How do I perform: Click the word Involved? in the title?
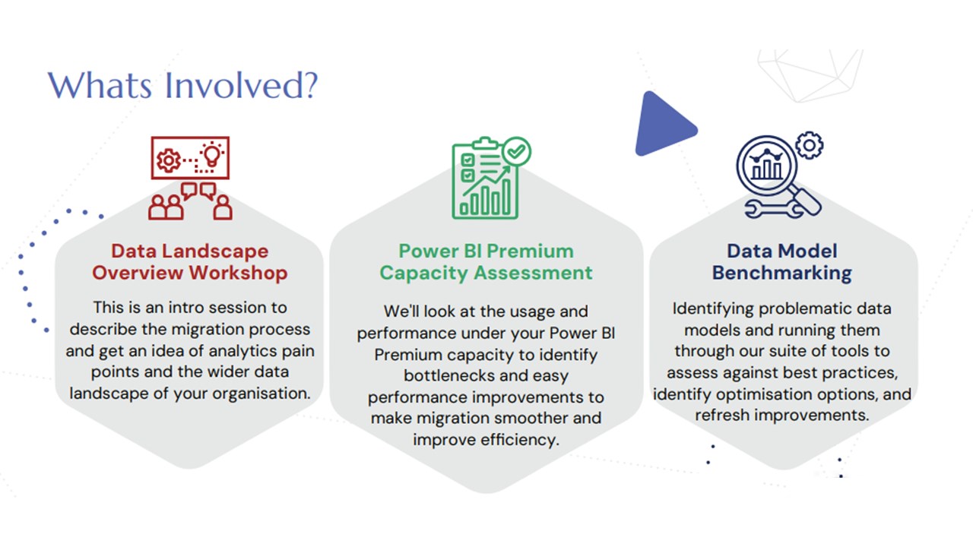coord(242,85)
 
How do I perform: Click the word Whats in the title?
coord(100,85)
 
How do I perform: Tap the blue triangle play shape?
coord(664,125)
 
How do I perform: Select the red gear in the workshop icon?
coord(169,160)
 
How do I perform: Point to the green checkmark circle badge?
coord(516,151)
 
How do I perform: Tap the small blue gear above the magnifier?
coord(810,145)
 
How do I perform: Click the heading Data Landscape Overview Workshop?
coord(190,262)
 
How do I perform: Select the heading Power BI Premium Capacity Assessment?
coord(486,262)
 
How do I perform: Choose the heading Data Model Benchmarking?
coord(782,262)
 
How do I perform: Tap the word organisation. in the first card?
coord(261,394)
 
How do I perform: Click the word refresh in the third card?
coord(722,415)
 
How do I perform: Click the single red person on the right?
coord(223,207)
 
